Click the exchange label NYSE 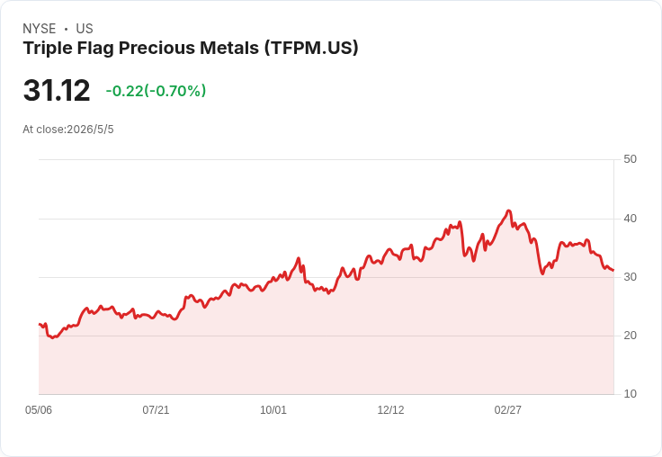[x=40, y=29]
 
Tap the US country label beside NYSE [x=85, y=29]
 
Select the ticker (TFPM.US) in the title [x=311, y=48]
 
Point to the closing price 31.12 [x=57, y=90]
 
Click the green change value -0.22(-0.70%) [x=156, y=91]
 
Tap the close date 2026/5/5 [x=90, y=130]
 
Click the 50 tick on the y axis [x=630, y=159]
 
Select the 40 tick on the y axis [x=630, y=219]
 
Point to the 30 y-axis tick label [x=630, y=277]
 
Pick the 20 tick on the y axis [x=630, y=336]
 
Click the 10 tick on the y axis [x=630, y=394]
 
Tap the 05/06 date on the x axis [x=39, y=410]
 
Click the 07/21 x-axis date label [x=156, y=410]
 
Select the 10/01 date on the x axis [x=273, y=410]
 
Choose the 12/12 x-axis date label [x=390, y=410]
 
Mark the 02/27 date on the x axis [x=508, y=410]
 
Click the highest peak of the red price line [x=509, y=211]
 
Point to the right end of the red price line [x=613, y=270]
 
